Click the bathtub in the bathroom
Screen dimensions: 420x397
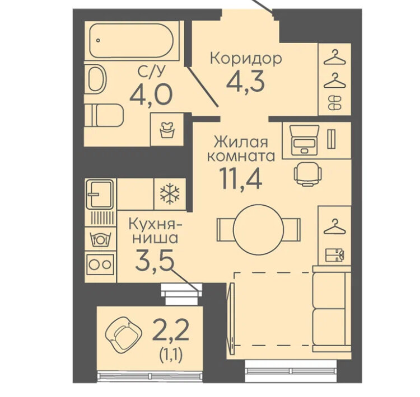click(132, 40)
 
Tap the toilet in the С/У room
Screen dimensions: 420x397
click(104, 115)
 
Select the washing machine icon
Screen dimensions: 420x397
click(167, 129)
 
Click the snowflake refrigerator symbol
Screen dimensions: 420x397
click(170, 193)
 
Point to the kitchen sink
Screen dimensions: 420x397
click(99, 195)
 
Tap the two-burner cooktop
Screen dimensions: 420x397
click(100, 264)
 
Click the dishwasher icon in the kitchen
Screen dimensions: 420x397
click(100, 239)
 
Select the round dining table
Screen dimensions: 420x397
click(258, 230)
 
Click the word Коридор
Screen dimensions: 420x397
click(246, 58)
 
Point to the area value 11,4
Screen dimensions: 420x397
click(240, 176)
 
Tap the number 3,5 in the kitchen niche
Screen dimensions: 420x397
click(154, 260)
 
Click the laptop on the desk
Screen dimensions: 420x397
click(304, 140)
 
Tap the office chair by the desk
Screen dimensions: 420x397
click(308, 174)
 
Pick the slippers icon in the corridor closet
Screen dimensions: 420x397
click(334, 103)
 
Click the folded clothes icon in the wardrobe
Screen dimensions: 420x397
click(334, 255)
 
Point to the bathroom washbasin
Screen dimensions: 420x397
click(97, 79)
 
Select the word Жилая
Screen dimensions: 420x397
click(241, 142)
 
